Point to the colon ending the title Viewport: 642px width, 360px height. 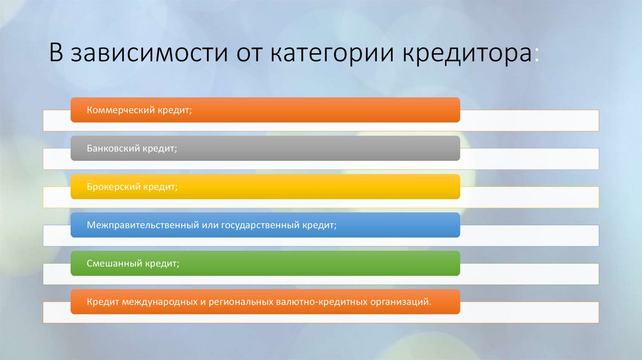click(x=536, y=56)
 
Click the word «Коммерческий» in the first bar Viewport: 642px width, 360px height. click(x=118, y=110)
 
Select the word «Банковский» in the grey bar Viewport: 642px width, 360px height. click(x=110, y=149)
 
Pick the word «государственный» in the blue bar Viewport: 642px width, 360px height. click(x=258, y=225)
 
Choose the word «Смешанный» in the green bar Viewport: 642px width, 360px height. click(x=110, y=264)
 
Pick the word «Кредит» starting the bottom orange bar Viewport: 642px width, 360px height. click(x=99, y=302)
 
